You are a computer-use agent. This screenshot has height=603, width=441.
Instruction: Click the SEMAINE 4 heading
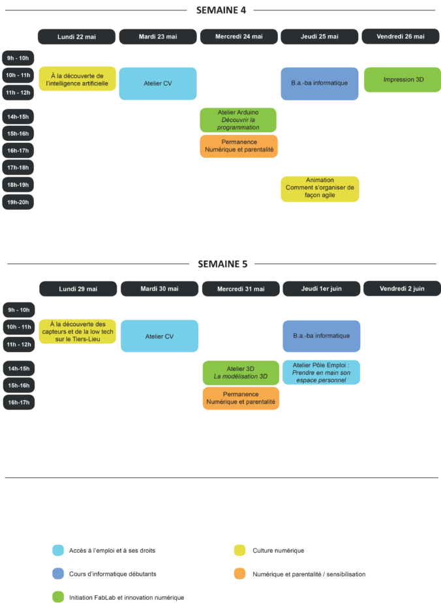[220, 10]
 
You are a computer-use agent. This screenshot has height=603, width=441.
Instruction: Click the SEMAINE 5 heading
[222, 264]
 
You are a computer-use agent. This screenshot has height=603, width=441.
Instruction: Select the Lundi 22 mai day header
[76, 37]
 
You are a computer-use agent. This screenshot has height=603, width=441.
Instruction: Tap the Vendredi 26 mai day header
[401, 37]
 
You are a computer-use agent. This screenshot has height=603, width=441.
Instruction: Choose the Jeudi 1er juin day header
[321, 289]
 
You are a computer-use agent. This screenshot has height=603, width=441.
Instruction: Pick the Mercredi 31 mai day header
[241, 289]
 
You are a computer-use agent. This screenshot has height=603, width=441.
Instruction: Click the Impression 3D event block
[403, 80]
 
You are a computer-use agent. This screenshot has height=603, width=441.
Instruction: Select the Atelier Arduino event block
[238, 120]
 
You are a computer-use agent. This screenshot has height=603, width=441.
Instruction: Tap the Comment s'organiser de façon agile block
[320, 188]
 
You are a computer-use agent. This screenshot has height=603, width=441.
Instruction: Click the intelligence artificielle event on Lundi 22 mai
[77, 79]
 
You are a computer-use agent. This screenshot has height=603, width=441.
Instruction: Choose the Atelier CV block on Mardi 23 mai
[157, 83]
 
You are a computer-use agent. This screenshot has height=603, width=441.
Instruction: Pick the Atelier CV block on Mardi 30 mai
[159, 336]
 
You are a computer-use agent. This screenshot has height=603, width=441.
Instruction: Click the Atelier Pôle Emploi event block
[321, 372]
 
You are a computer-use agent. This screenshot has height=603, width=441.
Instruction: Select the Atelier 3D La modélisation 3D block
[241, 372]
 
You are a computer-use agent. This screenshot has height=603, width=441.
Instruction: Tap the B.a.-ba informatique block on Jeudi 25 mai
[320, 83]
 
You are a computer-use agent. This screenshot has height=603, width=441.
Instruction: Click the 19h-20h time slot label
[18, 202]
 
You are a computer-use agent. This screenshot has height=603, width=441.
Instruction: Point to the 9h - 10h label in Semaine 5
[19, 310]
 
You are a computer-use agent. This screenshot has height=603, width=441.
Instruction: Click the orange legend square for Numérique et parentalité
[239, 574]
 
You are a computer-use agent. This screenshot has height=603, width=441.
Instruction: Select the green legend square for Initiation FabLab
[58, 596]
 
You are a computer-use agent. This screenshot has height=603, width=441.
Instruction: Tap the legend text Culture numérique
[278, 550]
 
